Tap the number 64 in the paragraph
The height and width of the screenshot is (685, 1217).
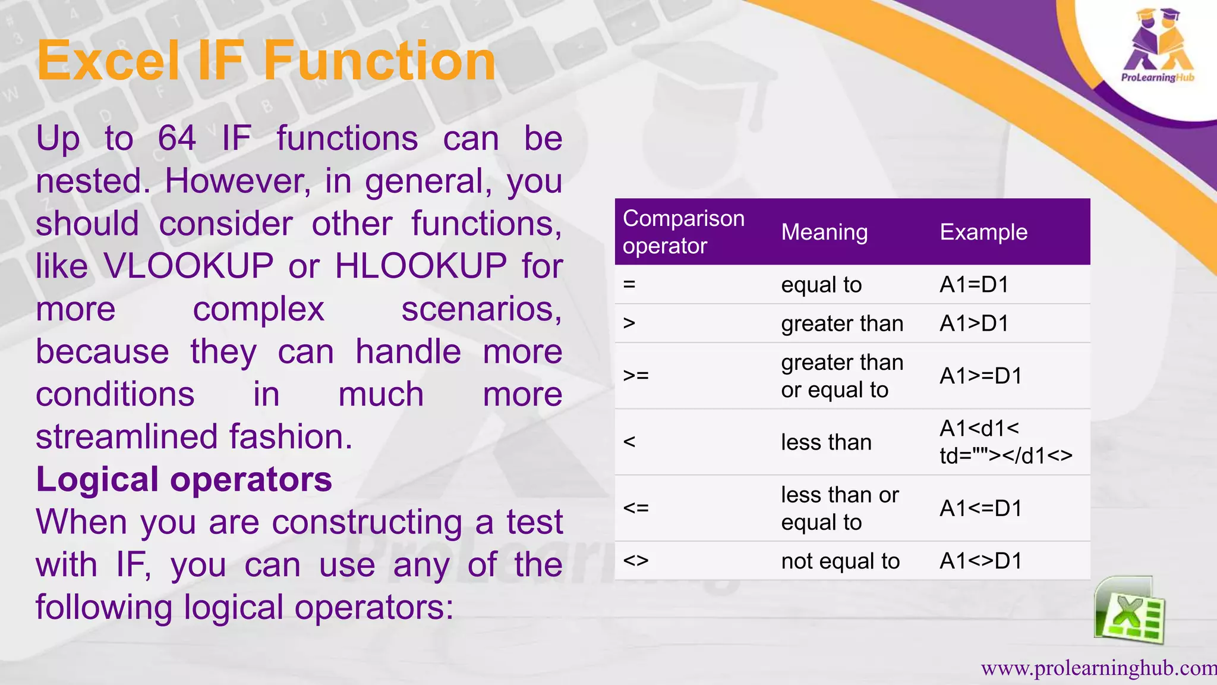[176, 139]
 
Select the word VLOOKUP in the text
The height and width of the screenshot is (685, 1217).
[188, 266]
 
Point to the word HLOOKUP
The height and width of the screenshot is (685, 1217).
[421, 266]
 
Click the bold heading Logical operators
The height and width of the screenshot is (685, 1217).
[184, 479]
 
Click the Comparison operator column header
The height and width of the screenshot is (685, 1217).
[683, 232]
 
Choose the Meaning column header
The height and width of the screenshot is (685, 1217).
[824, 232]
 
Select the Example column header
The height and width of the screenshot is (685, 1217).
[983, 232]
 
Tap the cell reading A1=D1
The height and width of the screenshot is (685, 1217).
[974, 285]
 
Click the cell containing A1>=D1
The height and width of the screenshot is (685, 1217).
[980, 376]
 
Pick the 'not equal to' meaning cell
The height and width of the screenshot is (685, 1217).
[840, 561]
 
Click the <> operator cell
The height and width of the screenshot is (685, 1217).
[636, 561]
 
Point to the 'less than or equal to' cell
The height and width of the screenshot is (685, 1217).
[839, 508]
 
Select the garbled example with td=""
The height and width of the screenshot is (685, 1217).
[1005, 442]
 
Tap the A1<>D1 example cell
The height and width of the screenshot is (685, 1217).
[980, 561]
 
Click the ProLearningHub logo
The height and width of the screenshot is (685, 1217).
[1157, 48]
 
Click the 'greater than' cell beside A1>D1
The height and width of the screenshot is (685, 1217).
[841, 323]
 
